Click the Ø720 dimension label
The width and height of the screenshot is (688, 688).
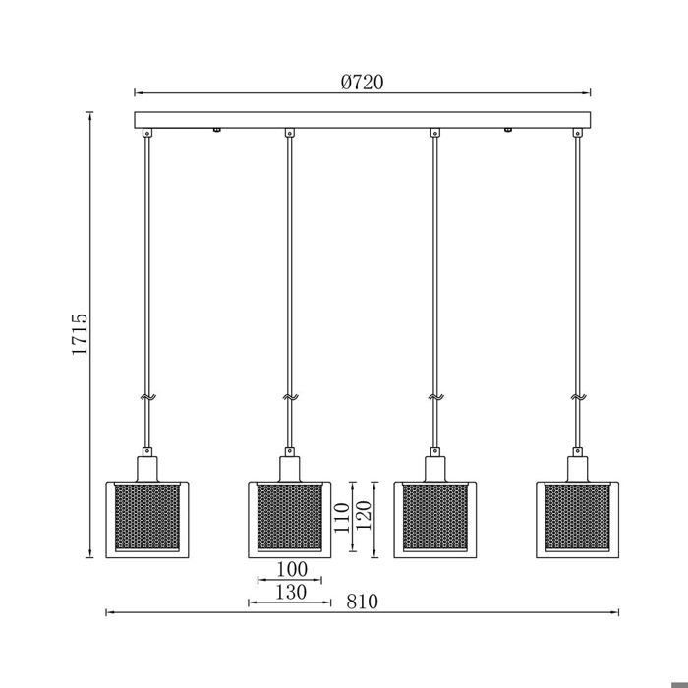click(362, 83)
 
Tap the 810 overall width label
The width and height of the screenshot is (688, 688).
click(362, 601)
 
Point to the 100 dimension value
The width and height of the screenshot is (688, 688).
click(292, 569)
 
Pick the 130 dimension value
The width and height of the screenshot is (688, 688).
click(291, 592)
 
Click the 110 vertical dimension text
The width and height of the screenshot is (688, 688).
click(340, 518)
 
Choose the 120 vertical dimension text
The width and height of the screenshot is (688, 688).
click(363, 518)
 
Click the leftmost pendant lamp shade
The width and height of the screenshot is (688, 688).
click(144, 518)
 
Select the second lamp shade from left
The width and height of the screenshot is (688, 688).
click(290, 518)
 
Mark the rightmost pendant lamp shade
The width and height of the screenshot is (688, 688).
click(577, 518)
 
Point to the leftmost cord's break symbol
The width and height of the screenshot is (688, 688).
click(147, 398)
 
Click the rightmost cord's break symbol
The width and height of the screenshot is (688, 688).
click(577, 398)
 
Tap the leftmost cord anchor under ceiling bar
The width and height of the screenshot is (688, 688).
click(147, 133)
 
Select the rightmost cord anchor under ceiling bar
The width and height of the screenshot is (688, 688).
click(577, 133)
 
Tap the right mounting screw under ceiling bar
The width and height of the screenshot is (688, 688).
click(508, 130)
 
